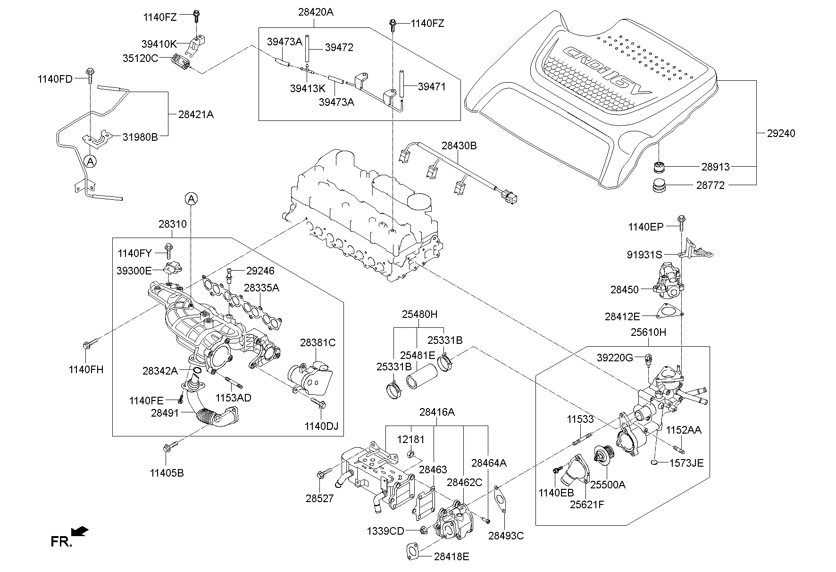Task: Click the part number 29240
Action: coord(781,133)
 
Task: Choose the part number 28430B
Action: coord(459,146)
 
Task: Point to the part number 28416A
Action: coord(437,412)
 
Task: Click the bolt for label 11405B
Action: coord(170,445)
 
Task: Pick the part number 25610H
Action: coord(648,332)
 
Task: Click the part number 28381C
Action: coord(318,342)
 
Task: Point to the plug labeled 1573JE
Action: coord(656,461)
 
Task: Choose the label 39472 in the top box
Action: coord(339,48)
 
